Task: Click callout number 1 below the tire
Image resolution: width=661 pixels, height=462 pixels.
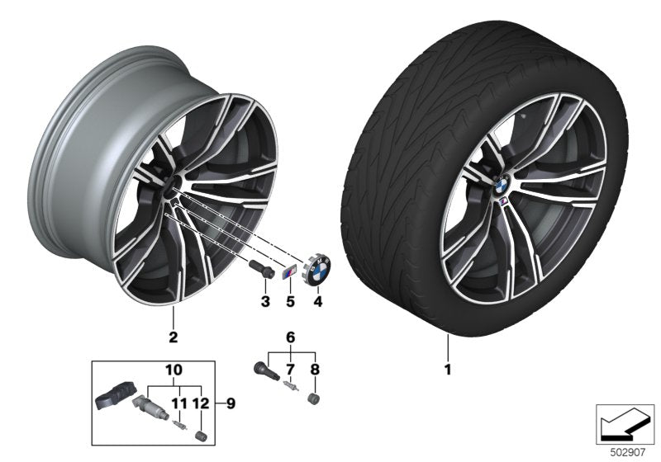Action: (448, 370)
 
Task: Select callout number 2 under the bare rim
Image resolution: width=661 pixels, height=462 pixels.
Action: (174, 337)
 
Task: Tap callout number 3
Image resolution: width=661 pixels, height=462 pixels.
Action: (265, 303)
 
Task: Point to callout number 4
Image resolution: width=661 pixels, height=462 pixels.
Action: (317, 303)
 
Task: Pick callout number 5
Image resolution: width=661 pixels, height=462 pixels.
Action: (291, 303)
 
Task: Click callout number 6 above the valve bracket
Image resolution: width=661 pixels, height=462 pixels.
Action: (289, 337)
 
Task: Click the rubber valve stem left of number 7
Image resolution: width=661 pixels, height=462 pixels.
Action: (263, 366)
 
